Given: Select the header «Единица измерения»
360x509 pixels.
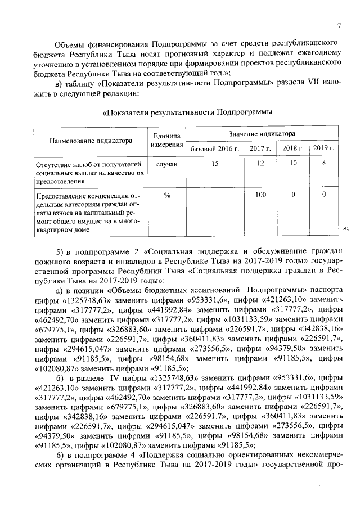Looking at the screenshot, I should pyautogui.click(x=167, y=141).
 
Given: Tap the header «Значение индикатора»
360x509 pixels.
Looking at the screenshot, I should pyautogui.click(x=262, y=134).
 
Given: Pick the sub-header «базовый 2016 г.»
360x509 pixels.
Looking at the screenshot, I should pyautogui.click(x=215, y=148).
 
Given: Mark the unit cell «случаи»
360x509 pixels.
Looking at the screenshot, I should pyautogui.click(x=167, y=164).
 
